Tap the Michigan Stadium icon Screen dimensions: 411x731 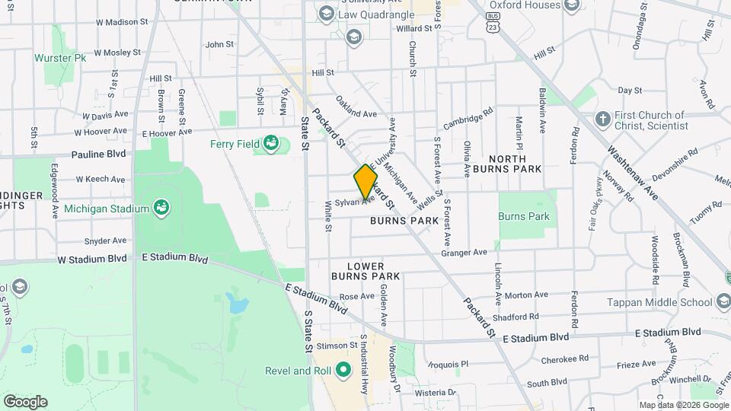pos(161,207)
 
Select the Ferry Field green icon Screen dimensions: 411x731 pos(270,142)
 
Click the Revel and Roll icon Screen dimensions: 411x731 pos(343,371)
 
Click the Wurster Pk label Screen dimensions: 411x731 pos(60,58)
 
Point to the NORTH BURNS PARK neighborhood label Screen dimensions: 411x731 pos(506,161)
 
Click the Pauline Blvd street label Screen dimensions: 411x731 pos(98,154)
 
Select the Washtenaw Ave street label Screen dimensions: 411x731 pos(631,164)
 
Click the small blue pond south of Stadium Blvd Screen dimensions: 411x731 pos(238,306)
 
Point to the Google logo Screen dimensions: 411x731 pos(25,401)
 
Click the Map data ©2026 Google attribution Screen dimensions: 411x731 pos(682,405)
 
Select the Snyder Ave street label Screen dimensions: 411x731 pos(105,241)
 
